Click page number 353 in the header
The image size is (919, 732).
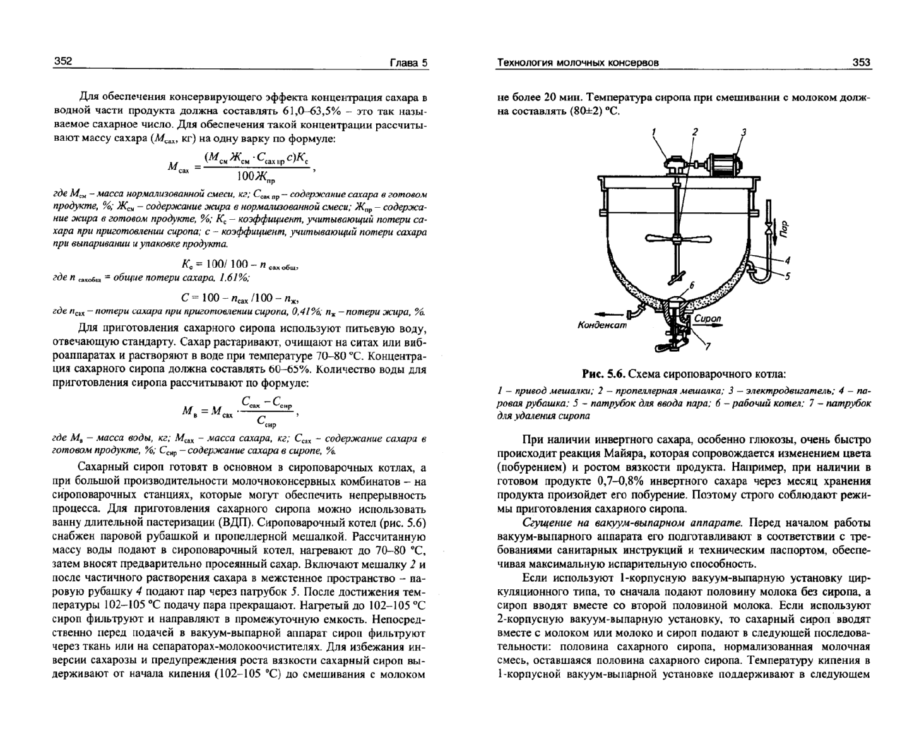tap(861, 62)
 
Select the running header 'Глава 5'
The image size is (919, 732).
tap(408, 62)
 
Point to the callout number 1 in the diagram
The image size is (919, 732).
tap(654, 132)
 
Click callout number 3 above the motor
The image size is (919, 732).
tap(744, 132)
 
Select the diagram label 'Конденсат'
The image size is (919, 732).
tap(602, 325)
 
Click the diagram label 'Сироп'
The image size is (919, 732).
tap(707, 318)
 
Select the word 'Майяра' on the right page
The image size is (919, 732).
tap(669, 453)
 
